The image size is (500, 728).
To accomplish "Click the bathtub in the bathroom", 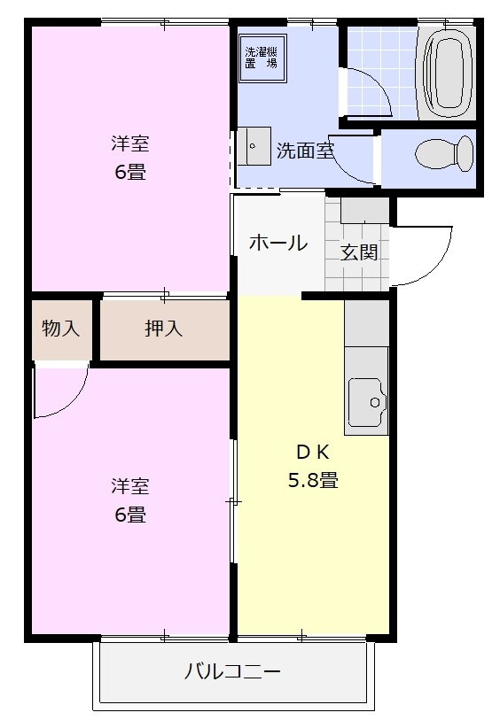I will point(451,70).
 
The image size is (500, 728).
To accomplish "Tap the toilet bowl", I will point(444,153).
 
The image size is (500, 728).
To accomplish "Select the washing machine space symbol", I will point(262,58).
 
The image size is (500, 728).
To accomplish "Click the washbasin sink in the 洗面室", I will point(255,146).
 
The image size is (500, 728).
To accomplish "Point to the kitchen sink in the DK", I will point(366,403).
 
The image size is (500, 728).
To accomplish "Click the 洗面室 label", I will point(304,151).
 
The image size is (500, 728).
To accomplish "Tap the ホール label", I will point(277,242).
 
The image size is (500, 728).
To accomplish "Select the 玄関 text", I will point(360,252).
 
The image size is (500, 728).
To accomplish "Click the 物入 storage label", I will point(60,329).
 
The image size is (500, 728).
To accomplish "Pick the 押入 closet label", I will point(164,329).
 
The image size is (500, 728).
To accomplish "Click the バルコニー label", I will point(232,671).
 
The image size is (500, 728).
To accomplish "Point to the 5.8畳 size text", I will point(312,481).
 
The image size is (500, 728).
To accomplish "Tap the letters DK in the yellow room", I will point(312,452).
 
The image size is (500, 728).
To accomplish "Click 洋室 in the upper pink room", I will point(129,142).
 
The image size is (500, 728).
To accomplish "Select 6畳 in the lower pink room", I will point(129,514).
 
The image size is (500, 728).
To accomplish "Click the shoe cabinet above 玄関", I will point(364,210).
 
